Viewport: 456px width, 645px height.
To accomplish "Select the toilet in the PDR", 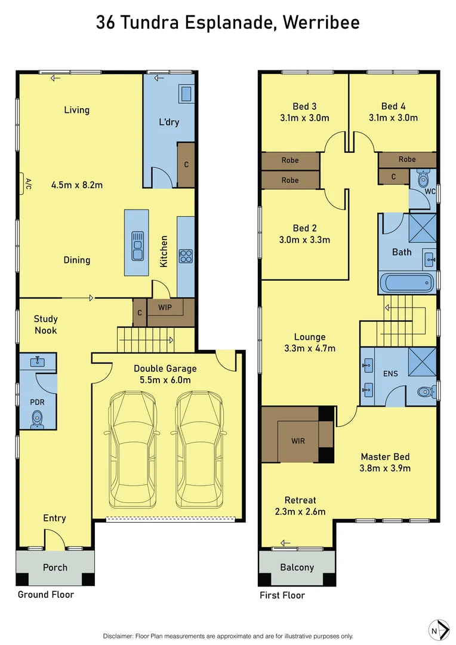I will (38, 419).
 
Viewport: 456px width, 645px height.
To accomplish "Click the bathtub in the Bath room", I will (408, 282).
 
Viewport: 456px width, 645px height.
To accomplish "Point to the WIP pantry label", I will (165, 308).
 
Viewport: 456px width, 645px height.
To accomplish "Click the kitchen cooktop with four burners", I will (186, 256).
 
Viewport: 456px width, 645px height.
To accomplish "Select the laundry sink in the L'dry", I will (186, 94).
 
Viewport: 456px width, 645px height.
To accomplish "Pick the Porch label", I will (55, 567).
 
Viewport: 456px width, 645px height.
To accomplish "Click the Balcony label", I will (297, 567).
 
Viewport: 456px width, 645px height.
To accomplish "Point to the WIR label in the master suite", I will (298, 440).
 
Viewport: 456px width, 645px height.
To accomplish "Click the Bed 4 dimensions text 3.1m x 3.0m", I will (393, 118).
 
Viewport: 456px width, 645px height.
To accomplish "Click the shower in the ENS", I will (423, 363).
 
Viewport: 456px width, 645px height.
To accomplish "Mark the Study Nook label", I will (45, 324).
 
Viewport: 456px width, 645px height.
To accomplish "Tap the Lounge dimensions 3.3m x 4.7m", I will (310, 349).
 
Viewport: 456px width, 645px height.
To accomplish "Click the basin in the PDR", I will (38, 361).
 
